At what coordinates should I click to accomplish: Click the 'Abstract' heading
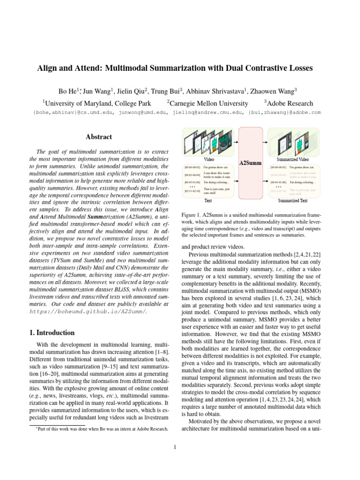(x=98, y=137)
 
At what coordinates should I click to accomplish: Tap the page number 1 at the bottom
(x=174, y=447)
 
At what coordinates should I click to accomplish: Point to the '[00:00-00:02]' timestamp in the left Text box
(x=193, y=167)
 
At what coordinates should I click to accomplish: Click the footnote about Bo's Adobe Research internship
(x=101, y=429)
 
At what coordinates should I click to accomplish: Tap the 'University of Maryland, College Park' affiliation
(x=97, y=103)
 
